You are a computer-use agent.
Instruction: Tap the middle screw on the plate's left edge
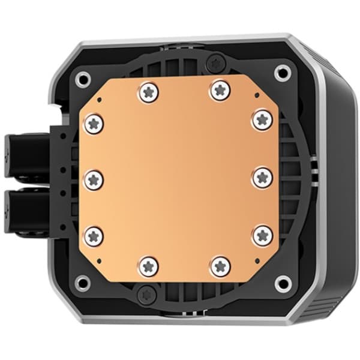click(94, 178)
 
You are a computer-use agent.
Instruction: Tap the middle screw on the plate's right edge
click(262, 177)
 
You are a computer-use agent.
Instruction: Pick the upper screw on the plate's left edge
click(94, 124)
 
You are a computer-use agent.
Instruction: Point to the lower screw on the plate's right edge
click(262, 235)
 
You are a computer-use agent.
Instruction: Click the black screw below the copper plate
click(145, 294)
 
